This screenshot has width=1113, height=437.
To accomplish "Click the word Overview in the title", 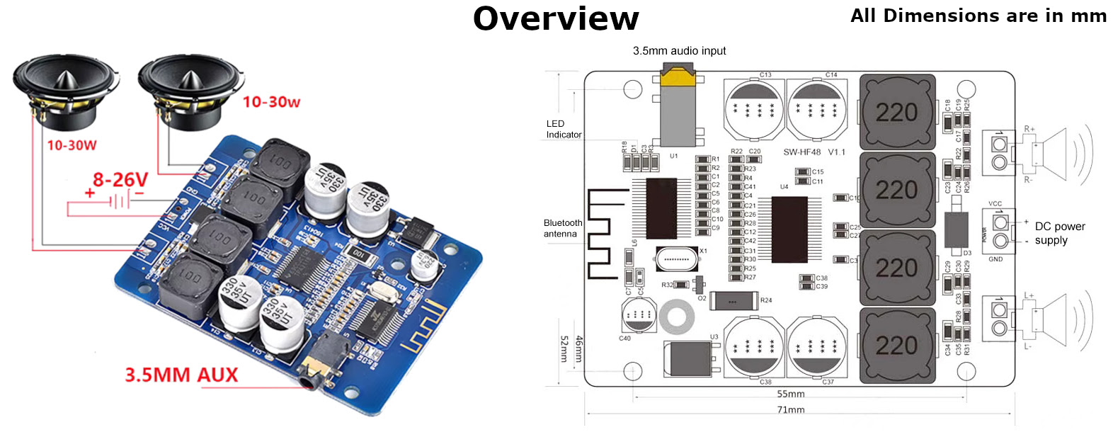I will coord(556,19).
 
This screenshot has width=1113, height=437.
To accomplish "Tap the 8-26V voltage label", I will coord(120,180).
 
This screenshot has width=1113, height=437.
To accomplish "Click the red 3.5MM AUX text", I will coord(181,375).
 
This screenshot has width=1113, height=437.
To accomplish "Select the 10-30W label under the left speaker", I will coord(72,145).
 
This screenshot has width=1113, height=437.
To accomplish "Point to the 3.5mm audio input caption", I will coord(679,51).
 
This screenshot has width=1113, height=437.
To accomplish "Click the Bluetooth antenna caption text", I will coord(563,228).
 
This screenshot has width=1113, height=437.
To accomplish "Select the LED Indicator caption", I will coord(564,129).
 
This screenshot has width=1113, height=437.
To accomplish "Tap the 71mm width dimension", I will coord(790,410).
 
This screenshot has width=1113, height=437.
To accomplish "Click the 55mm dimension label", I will coord(790,394).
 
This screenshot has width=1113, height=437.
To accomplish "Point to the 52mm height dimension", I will coord(564,349).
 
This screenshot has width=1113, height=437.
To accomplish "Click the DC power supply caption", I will coord(1059,233).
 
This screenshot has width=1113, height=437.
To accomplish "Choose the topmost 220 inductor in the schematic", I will coord(896,112).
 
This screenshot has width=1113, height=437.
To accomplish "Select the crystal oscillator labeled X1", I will coord(677,259).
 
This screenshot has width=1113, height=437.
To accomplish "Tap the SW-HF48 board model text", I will coord(814,152).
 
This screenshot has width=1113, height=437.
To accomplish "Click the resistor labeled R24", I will coord(734,301).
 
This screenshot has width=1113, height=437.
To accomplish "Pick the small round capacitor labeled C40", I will coord(638,315).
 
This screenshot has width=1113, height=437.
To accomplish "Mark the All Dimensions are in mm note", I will coord(978,16).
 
